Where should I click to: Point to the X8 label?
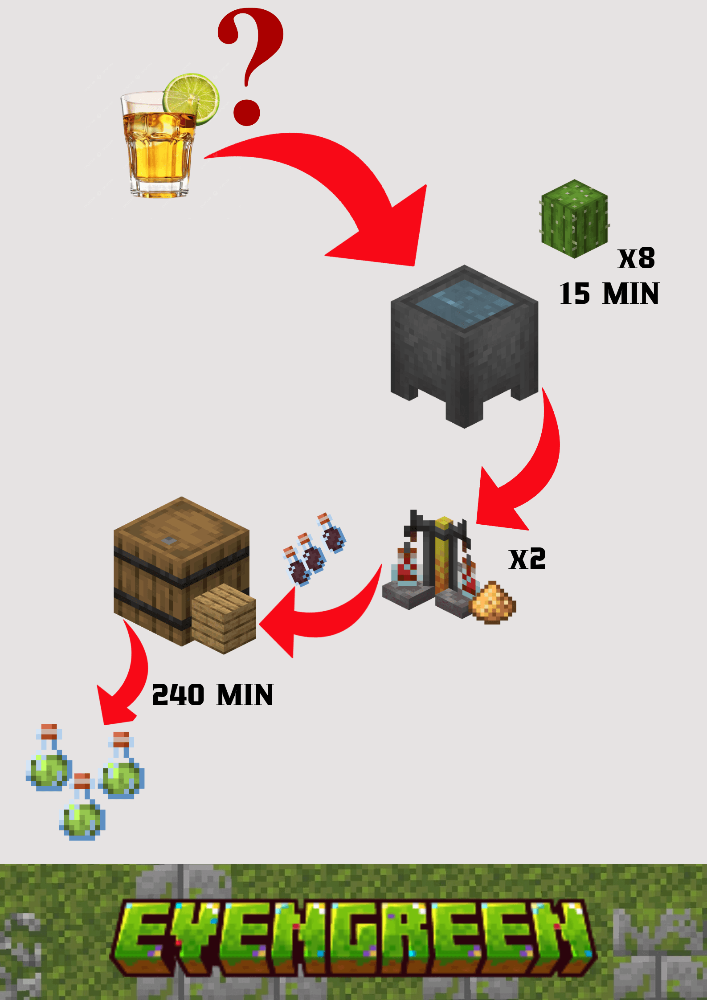pyautogui.click(x=636, y=258)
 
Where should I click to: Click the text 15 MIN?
pyautogui.click(x=609, y=294)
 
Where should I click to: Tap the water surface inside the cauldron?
pyautogui.click(x=464, y=303)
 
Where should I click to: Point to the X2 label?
pyautogui.click(x=527, y=559)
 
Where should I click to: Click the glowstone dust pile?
pyautogui.click(x=493, y=603)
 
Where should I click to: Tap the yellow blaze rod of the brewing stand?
pyautogui.click(x=444, y=552)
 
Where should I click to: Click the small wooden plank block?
pyautogui.click(x=224, y=619)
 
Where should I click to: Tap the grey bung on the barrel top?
pyautogui.click(x=169, y=540)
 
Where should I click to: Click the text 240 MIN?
pyautogui.click(x=213, y=695)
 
